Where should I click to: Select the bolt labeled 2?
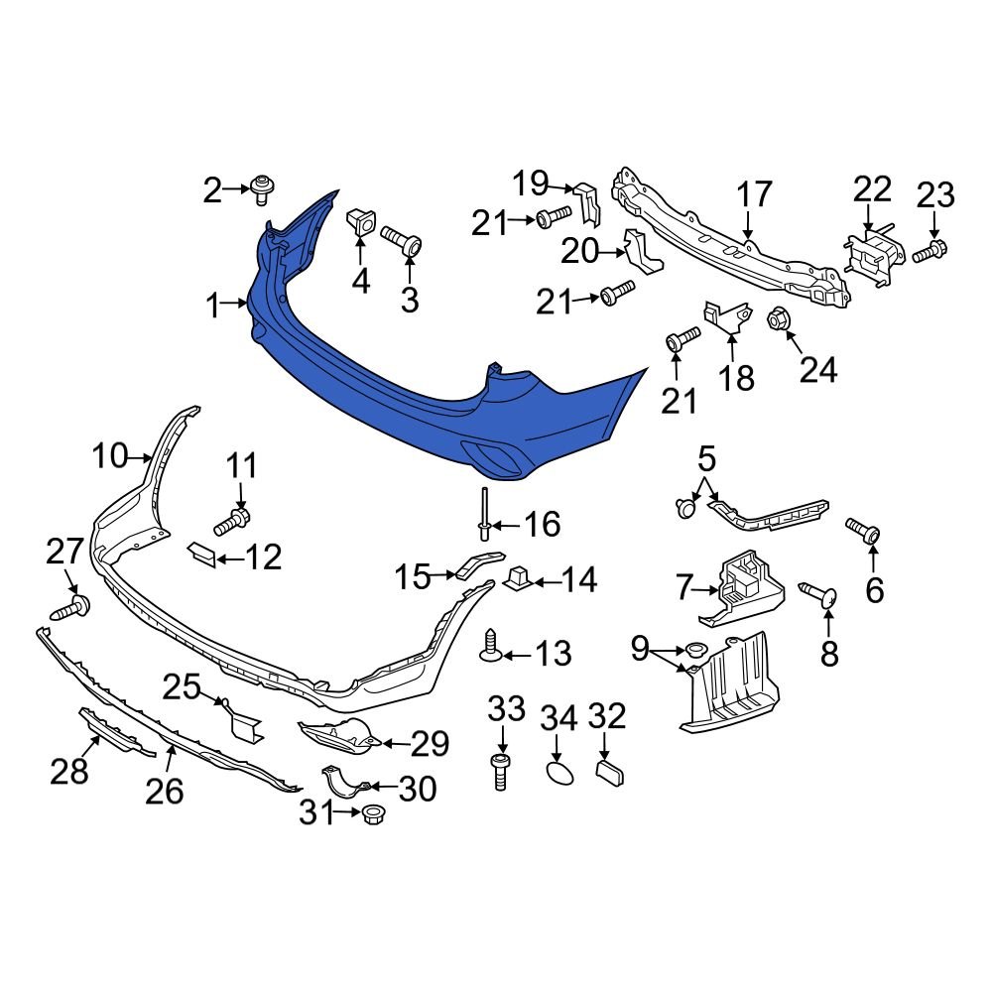263,187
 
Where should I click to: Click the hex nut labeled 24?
778,319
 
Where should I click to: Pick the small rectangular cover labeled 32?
608,773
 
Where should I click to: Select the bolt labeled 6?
862,530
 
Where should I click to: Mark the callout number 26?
165,791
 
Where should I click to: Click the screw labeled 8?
819,596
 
